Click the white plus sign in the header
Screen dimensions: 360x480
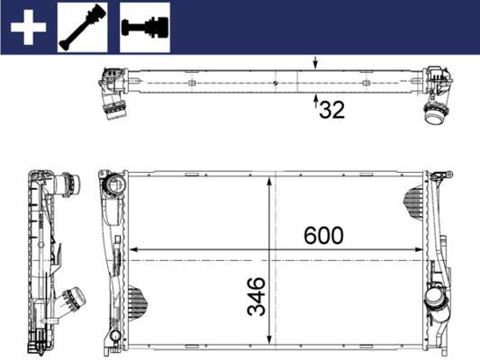pos(27,27)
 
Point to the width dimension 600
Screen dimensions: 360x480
pos(322,236)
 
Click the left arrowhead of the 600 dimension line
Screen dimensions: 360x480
pos(134,248)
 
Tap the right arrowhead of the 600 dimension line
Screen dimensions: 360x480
pos(421,248)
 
